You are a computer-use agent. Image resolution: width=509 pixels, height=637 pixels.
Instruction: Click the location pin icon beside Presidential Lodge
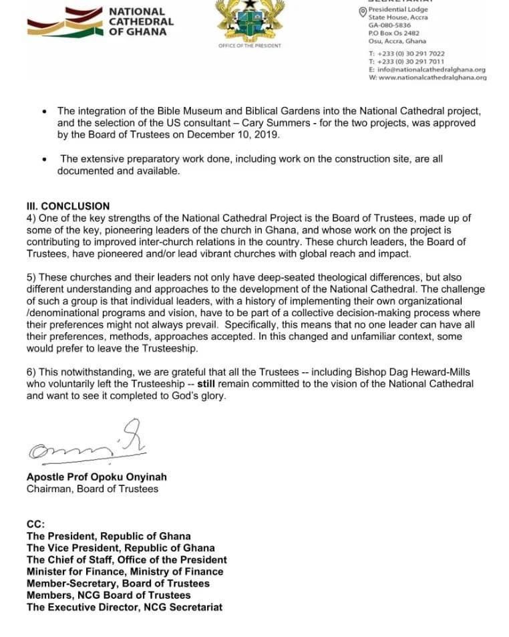[363, 11]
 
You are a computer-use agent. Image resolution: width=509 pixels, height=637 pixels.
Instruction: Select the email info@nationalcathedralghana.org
[431, 69]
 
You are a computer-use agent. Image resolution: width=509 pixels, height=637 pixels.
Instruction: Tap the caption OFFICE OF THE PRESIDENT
[249, 45]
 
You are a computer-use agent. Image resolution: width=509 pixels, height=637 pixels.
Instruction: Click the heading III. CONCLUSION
[68, 206]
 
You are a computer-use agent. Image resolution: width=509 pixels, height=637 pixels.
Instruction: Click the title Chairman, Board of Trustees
[92, 489]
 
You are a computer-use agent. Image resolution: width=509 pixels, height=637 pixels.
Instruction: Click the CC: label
[35, 524]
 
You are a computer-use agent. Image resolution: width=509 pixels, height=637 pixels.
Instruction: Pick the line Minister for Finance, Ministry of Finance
[125, 571]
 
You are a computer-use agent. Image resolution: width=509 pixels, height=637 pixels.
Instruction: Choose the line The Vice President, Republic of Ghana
[120, 547]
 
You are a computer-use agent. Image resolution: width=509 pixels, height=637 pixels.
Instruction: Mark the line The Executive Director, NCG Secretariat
[124, 607]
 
